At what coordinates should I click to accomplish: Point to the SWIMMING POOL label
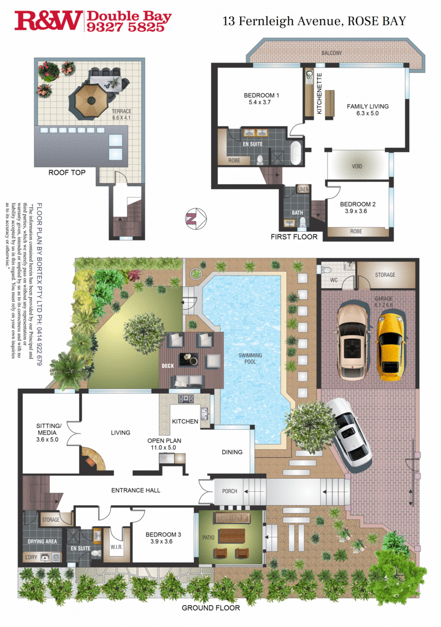250,358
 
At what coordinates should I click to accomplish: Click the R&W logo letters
49,21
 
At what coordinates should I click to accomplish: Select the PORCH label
230,491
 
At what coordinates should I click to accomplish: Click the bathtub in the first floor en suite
295,153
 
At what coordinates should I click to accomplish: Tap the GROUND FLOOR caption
211,607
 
